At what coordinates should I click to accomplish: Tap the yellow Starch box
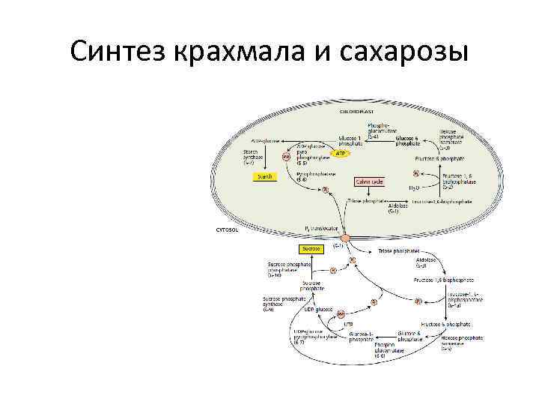coord(265,177)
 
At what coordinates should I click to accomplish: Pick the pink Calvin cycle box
coord(368,181)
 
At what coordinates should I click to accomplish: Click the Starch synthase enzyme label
coord(252,156)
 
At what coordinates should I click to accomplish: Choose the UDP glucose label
coord(320,308)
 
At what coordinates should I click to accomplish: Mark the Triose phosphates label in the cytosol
coord(398,250)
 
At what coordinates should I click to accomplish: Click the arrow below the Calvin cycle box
coord(368,191)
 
